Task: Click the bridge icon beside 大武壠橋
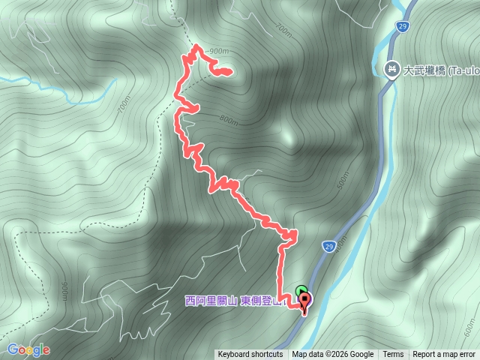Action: pos(391,70)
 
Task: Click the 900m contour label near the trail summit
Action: pos(218,51)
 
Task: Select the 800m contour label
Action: pos(229,119)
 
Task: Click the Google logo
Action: pos(28,349)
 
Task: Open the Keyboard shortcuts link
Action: pos(250,355)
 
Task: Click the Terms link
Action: pos(393,355)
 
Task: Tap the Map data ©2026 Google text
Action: pos(333,355)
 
